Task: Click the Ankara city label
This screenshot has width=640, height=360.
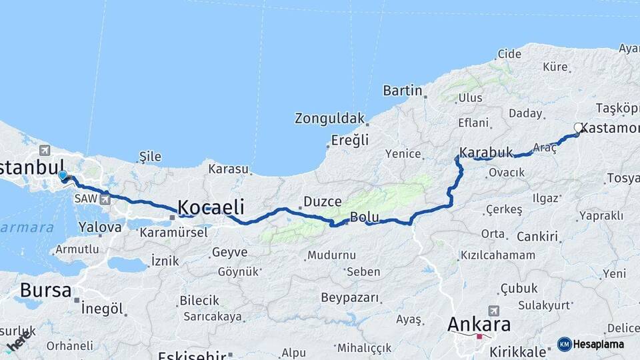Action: (x=479, y=325)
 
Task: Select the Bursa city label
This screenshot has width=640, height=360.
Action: (x=45, y=290)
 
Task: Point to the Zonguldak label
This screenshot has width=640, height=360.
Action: (x=330, y=119)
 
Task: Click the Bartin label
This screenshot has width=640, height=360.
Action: (x=403, y=90)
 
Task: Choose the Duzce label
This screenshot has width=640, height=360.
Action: (x=323, y=201)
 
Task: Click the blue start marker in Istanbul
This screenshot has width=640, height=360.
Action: (x=63, y=175)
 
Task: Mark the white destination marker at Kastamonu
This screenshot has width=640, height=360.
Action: (x=579, y=127)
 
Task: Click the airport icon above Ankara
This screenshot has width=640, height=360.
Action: (x=494, y=311)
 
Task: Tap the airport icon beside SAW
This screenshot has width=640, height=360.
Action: (x=105, y=199)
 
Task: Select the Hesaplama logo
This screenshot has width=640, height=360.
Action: (x=591, y=344)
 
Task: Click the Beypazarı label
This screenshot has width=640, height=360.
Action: (x=349, y=297)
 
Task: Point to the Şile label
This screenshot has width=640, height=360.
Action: (x=149, y=157)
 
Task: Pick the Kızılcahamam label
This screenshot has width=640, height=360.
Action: (x=497, y=255)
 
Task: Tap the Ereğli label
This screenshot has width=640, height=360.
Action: (x=350, y=140)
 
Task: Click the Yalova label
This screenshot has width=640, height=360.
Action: (x=100, y=227)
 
